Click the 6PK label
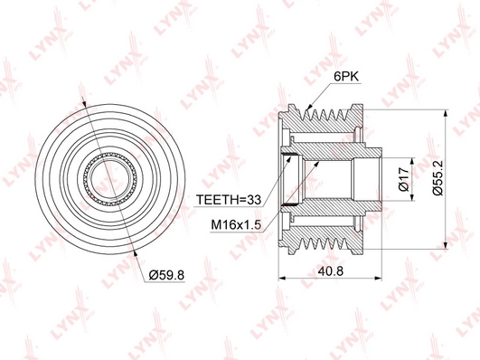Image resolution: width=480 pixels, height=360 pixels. click(x=346, y=76)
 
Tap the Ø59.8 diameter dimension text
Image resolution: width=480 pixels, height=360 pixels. click(x=166, y=275)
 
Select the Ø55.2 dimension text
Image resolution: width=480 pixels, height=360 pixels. click(x=438, y=178)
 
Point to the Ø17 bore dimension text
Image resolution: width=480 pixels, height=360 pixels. click(x=404, y=179)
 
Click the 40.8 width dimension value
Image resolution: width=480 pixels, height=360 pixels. click(x=331, y=271)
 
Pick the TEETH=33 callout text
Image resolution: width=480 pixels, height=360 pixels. click(x=229, y=200)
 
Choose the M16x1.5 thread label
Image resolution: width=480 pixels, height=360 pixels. click(x=236, y=225)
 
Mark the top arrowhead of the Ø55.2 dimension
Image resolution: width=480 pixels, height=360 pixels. click(x=446, y=114)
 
